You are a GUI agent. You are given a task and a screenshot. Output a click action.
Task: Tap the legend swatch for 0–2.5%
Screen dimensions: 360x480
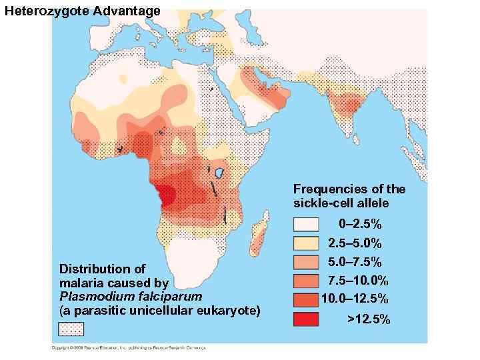click(x=310, y=225)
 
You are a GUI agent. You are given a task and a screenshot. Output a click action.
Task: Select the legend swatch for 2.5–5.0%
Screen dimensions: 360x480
click(x=310, y=243)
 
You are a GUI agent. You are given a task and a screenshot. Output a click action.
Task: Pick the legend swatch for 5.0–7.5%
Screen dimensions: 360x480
click(x=310, y=262)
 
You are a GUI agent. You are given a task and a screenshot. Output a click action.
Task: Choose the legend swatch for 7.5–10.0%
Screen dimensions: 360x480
click(x=310, y=281)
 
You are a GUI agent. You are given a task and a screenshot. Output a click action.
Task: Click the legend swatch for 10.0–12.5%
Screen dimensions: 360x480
click(x=310, y=299)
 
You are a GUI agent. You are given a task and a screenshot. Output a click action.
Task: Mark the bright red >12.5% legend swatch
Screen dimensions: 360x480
click(x=310, y=319)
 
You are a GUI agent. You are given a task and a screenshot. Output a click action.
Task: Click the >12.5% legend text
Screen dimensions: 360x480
click(x=369, y=319)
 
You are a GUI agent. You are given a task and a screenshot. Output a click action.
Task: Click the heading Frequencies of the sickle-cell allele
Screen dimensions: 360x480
click(x=349, y=196)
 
